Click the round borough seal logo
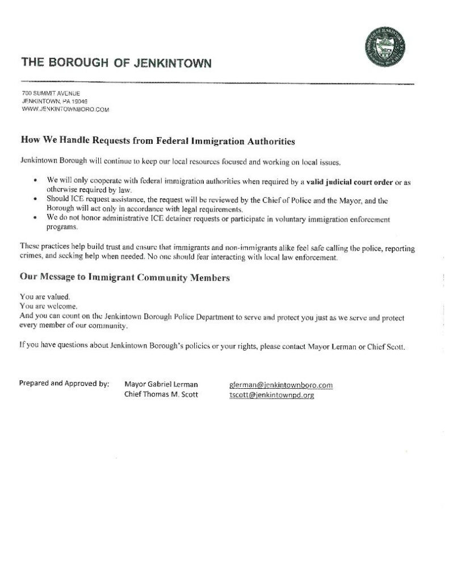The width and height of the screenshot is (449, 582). (387, 48)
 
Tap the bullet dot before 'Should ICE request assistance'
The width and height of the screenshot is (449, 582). (35, 200)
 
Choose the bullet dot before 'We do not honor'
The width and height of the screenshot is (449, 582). (35, 218)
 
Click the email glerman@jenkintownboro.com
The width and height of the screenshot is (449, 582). (280, 385)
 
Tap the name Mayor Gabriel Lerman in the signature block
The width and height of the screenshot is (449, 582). (161, 385)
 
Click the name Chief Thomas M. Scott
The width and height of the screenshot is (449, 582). (161, 395)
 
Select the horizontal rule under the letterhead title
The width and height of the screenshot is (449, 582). (216, 83)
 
